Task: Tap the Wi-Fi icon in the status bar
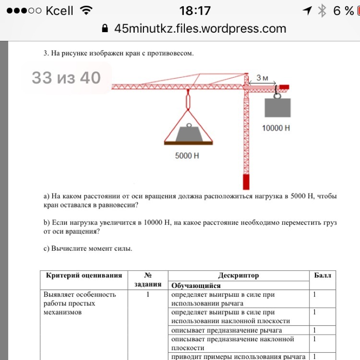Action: [86, 11]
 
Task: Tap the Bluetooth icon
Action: [323, 11]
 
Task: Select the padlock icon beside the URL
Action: [105, 29]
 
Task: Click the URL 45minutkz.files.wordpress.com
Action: [200, 29]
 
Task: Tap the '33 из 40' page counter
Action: [66, 78]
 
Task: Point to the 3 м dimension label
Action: [263, 77]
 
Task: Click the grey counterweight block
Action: [277, 108]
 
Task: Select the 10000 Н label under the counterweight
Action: [276, 129]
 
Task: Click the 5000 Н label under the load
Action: [187, 156]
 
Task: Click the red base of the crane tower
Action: [246, 182]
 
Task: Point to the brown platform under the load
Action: [188, 142]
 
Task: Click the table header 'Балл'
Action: [323, 276]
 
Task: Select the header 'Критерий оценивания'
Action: [84, 276]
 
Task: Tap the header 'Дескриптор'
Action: [239, 276]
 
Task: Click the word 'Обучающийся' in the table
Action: [196, 286]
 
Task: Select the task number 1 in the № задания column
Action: [149, 295]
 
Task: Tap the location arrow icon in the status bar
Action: [307, 11]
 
